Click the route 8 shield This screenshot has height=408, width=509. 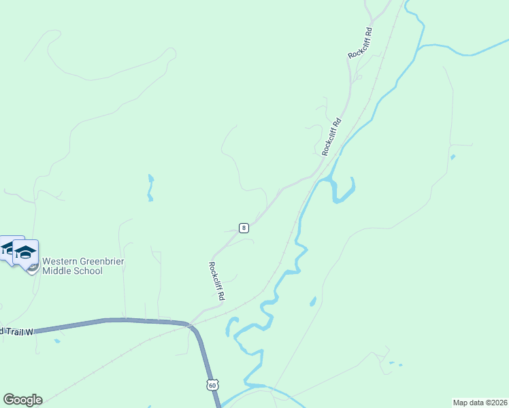[244, 228]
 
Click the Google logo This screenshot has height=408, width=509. [22, 399]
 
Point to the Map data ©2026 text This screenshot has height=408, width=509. [479, 403]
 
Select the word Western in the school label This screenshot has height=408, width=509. [56, 261]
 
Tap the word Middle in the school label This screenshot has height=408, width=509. [56, 271]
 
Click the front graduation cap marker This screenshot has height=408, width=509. [25, 252]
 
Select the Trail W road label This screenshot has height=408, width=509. [16, 332]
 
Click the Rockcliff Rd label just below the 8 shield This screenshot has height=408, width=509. [216, 282]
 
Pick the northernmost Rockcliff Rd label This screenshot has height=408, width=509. [360, 43]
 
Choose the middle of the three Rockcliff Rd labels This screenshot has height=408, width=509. [331, 137]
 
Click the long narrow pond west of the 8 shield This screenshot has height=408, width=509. [150, 188]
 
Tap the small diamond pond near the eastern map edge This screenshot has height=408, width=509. [453, 157]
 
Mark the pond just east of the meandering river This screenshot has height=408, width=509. [312, 301]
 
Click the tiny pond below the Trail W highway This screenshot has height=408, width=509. [57, 341]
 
